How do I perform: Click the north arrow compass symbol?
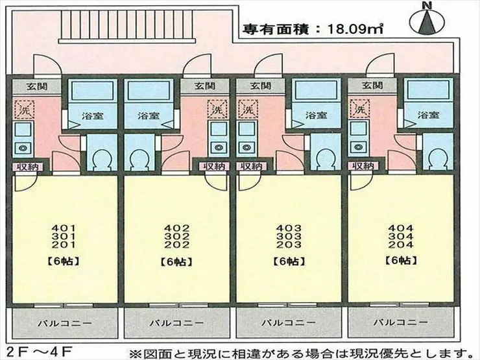[x=426, y=21]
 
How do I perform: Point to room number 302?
[x=176, y=237]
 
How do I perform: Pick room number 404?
[x=400, y=228]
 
